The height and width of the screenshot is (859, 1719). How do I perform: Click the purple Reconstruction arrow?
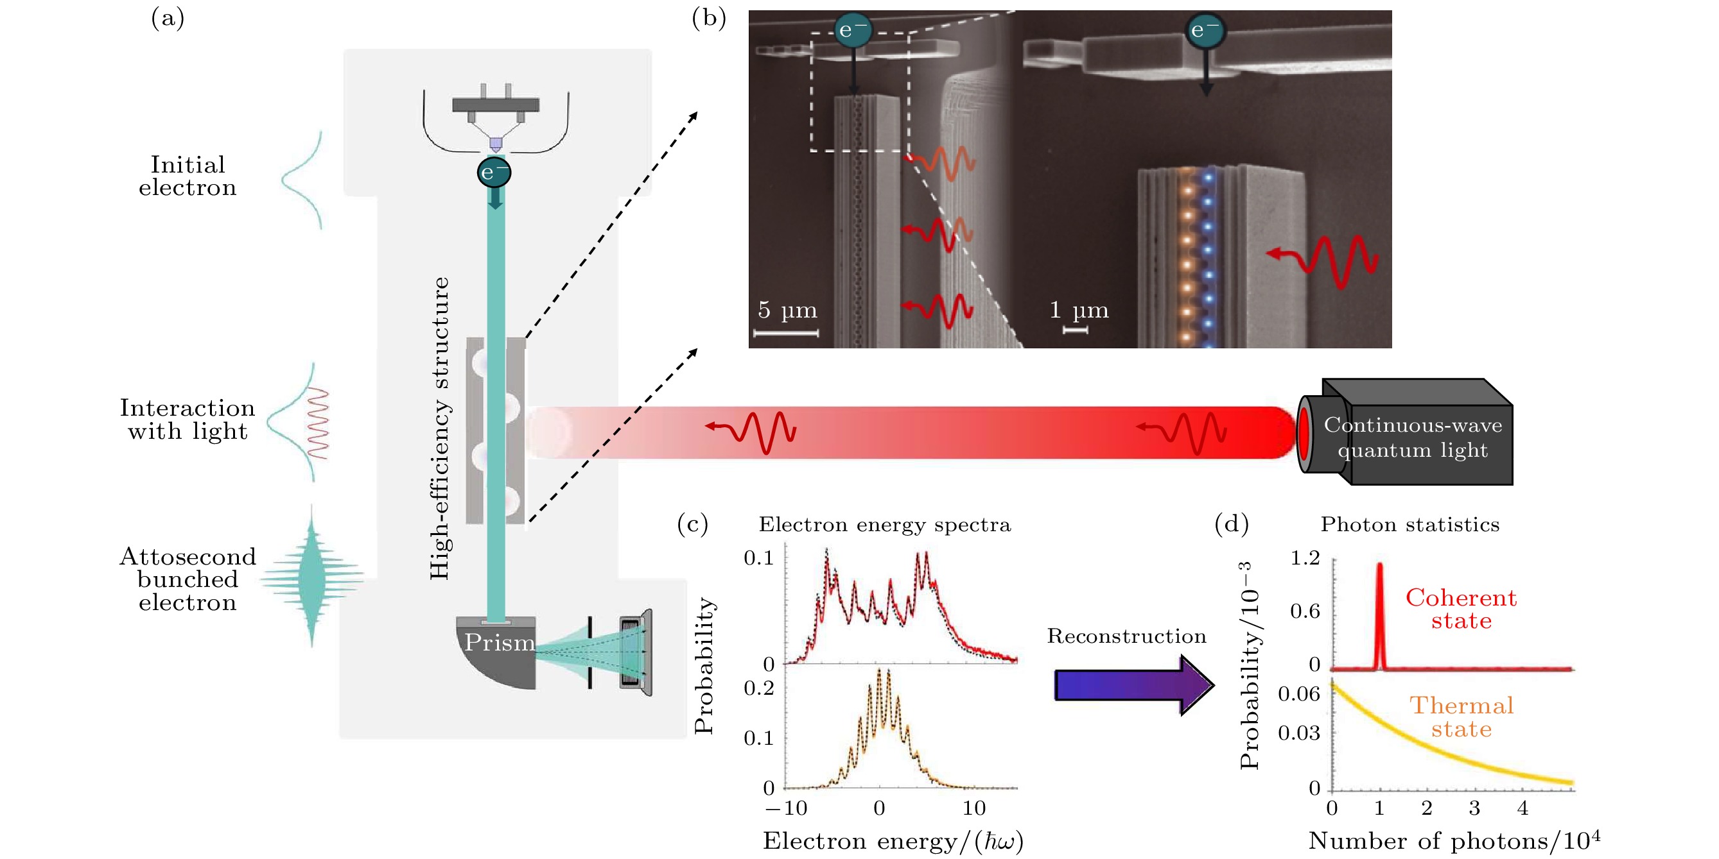click(1133, 685)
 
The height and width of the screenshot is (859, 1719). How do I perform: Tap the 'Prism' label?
click(499, 642)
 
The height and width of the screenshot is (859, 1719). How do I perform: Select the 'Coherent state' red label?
click(1461, 609)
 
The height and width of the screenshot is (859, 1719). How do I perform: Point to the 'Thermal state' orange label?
click(1461, 717)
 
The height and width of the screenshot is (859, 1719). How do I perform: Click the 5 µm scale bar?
click(786, 332)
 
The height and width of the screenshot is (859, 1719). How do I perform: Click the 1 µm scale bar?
click(1075, 330)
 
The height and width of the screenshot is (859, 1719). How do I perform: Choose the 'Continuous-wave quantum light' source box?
click(1413, 437)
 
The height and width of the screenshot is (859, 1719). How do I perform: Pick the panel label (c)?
click(692, 524)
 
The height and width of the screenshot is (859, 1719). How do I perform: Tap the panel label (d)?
click(1231, 524)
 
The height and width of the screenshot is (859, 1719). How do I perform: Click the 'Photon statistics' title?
click(1409, 525)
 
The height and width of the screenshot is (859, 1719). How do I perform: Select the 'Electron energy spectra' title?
click(884, 525)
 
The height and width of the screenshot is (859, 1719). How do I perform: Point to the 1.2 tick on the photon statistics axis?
click(1305, 557)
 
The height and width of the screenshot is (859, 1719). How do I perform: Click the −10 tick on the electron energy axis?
click(786, 808)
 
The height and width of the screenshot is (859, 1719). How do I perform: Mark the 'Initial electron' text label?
click(188, 176)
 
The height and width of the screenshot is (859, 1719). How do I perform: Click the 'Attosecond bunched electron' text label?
click(188, 579)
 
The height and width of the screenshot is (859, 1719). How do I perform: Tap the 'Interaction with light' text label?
click(188, 420)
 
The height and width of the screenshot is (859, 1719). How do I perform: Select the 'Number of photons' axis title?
click(1453, 840)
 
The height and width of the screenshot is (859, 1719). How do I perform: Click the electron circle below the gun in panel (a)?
click(494, 173)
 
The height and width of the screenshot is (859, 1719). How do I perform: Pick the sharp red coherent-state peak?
click(1379, 613)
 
